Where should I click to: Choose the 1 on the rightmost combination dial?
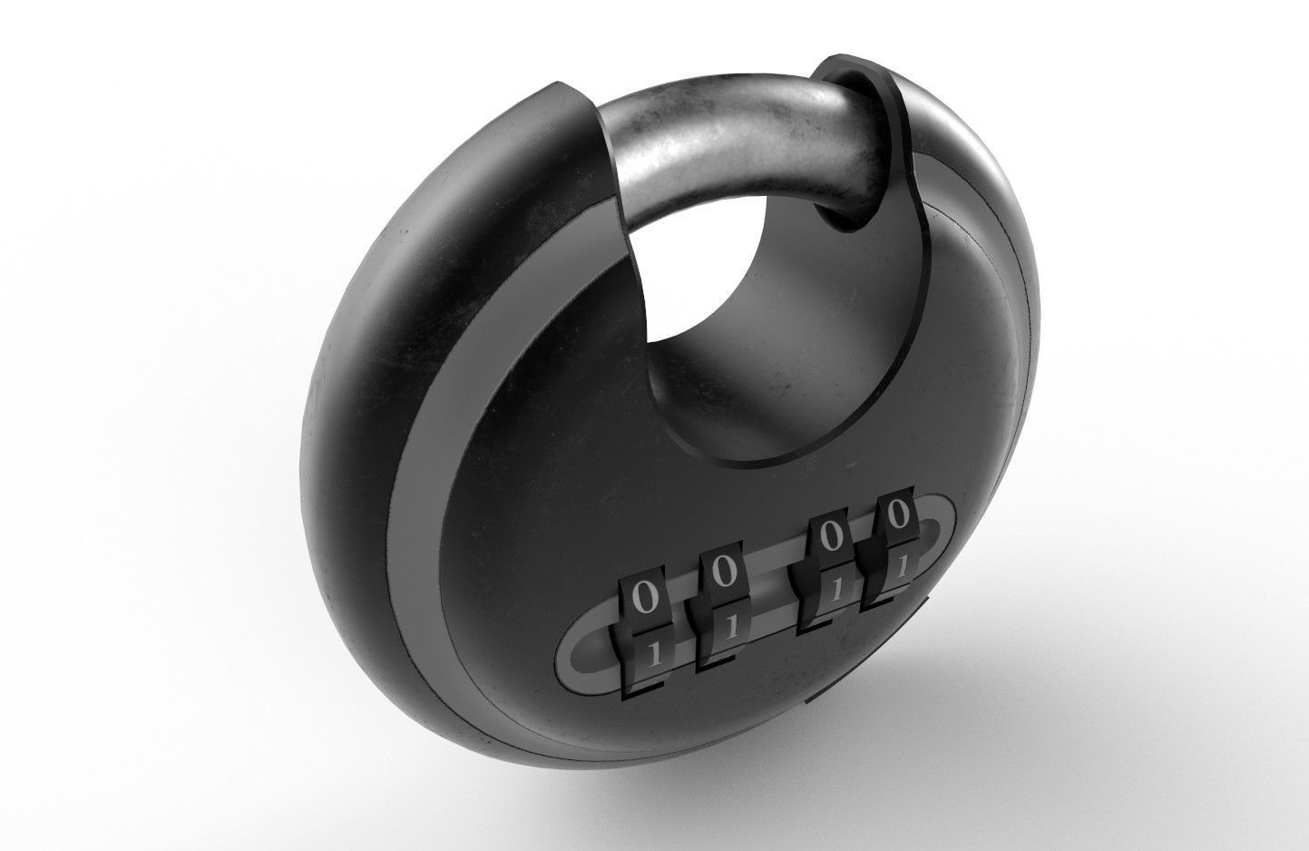(x=901, y=565)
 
